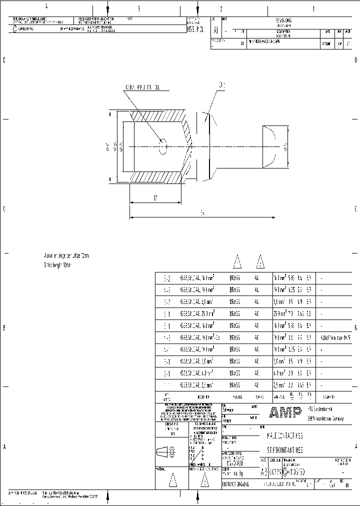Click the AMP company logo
click(x=285, y=412)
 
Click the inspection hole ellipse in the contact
click(x=163, y=146)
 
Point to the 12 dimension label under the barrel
click(x=155, y=198)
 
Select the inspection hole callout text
click(x=142, y=87)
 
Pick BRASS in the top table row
click(x=234, y=277)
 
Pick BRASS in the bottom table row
click(x=234, y=385)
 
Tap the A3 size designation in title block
click(x=264, y=471)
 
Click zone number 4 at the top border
click(x=46, y=7)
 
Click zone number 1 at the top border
click(x=313, y=8)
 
